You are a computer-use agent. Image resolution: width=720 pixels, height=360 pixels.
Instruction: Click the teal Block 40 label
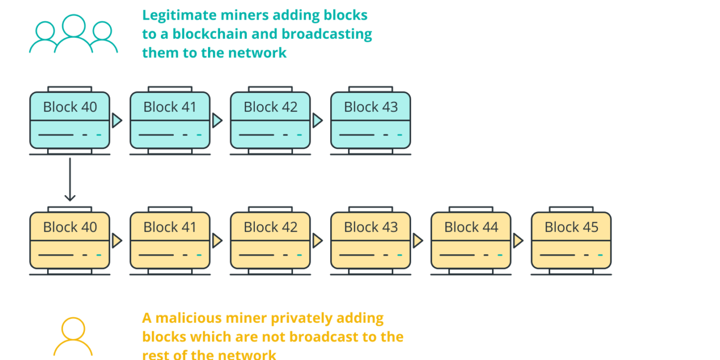pyautogui.click(x=70, y=107)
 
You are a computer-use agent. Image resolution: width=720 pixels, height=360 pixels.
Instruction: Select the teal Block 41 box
pyautogui.click(x=170, y=120)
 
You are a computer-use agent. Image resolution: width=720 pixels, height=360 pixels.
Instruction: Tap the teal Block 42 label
pyautogui.click(x=270, y=107)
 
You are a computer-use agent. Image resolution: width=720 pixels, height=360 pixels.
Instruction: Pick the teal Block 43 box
pyautogui.click(x=370, y=120)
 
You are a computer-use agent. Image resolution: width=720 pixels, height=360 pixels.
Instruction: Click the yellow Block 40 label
pyautogui.click(x=70, y=227)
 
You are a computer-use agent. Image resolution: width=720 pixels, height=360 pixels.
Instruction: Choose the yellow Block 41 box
pyautogui.click(x=170, y=241)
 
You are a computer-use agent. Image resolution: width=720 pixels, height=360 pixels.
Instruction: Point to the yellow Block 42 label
pyautogui.click(x=270, y=227)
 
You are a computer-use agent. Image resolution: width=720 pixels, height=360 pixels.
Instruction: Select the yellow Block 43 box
pyautogui.click(x=370, y=241)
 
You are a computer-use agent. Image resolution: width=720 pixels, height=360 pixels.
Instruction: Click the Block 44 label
pyautogui.click(x=471, y=227)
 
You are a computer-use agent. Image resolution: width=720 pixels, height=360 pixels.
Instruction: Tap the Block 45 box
pyautogui.click(x=571, y=241)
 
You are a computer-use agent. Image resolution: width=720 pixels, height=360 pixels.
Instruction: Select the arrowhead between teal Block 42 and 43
pyautogui.click(x=318, y=120)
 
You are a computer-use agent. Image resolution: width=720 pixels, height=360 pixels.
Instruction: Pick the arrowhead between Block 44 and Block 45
pyautogui.click(x=518, y=241)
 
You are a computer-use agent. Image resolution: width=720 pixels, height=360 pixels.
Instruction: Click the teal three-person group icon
pyautogui.click(x=74, y=35)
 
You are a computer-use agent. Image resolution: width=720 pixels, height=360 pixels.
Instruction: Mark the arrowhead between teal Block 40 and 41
pyautogui.click(x=117, y=120)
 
